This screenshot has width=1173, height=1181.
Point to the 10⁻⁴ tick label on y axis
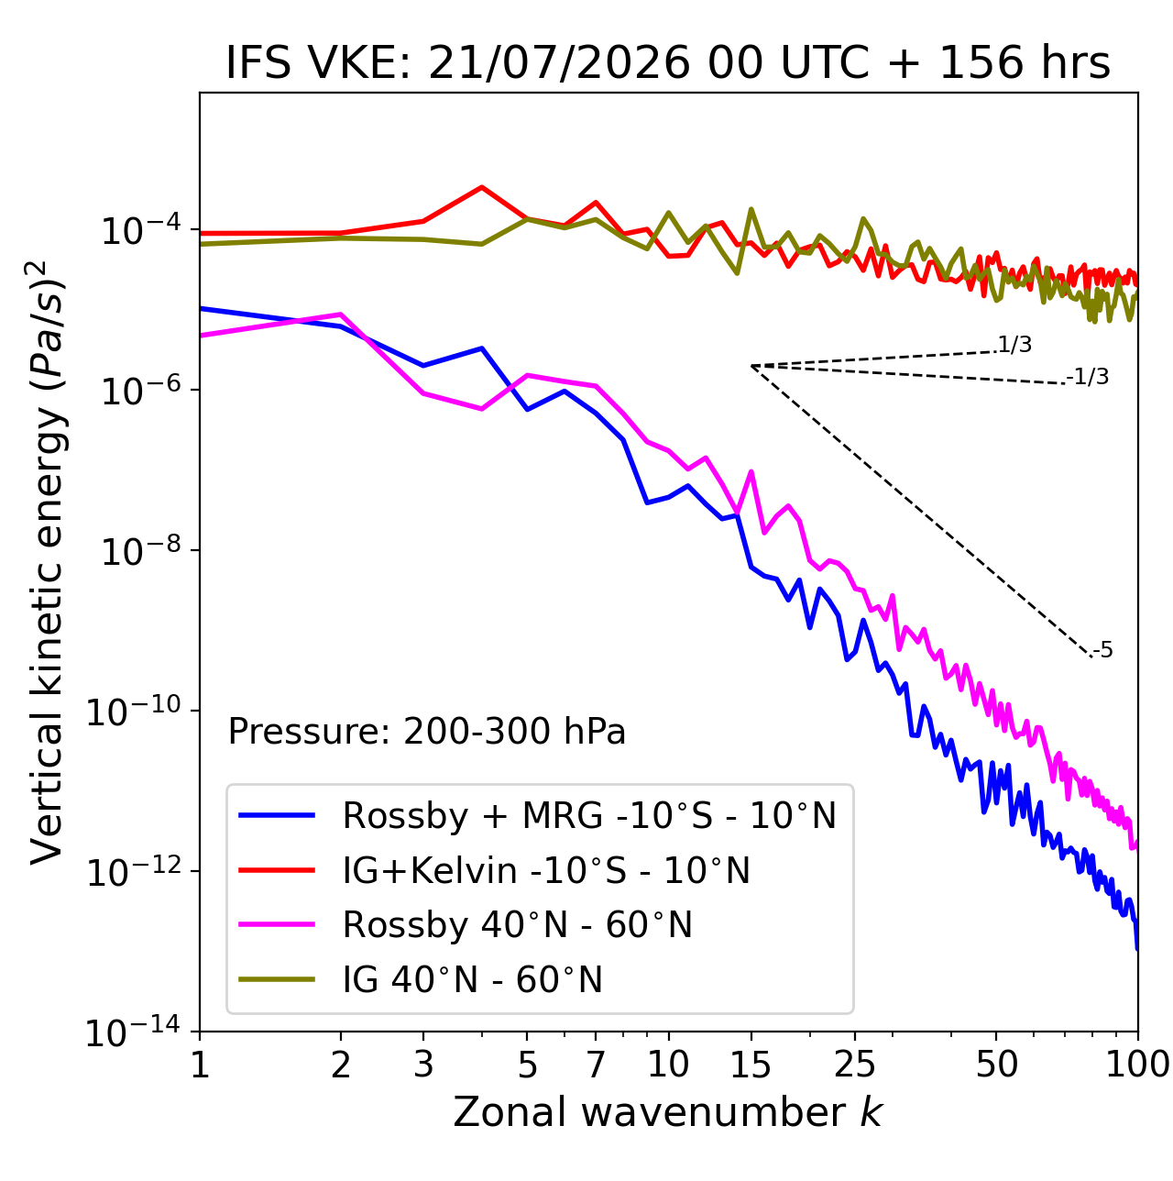[141, 229]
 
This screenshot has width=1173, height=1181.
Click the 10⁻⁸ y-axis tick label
[141, 550]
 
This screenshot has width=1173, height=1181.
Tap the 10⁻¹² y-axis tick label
[134, 870]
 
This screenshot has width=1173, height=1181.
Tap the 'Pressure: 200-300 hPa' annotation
[426, 731]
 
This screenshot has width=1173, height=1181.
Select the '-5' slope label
[1102, 650]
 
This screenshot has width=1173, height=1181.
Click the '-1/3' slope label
[1087, 377]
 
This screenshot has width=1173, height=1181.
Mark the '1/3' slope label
[1015, 345]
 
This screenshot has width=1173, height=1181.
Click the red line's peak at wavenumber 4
[482, 187]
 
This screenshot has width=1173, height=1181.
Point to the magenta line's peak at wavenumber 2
[341, 314]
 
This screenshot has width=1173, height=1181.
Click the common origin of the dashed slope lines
[751, 366]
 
